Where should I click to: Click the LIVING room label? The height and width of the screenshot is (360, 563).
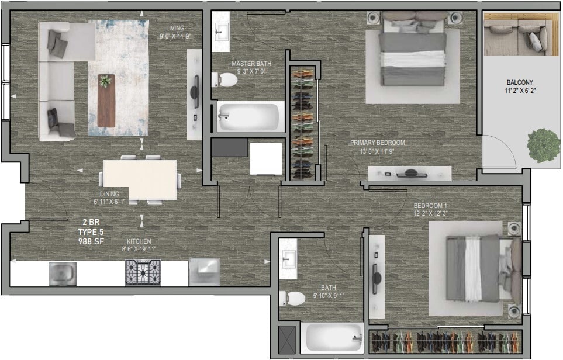[175, 27]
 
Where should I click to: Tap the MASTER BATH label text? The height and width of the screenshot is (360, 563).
[251, 64]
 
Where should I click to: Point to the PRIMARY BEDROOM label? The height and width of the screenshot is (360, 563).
[378, 143]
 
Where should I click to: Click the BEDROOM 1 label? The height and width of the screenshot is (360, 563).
[430, 206]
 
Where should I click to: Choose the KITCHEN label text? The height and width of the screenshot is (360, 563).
[139, 241]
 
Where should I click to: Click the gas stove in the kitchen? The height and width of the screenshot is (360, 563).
[142, 272]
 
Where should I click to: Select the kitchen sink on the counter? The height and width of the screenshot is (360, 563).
[63, 274]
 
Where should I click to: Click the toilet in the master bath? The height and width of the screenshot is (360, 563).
[225, 80]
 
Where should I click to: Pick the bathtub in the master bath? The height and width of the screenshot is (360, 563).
[249, 117]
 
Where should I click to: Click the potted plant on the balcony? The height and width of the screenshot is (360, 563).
[543, 145]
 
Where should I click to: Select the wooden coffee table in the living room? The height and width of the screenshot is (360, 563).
[106, 100]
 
